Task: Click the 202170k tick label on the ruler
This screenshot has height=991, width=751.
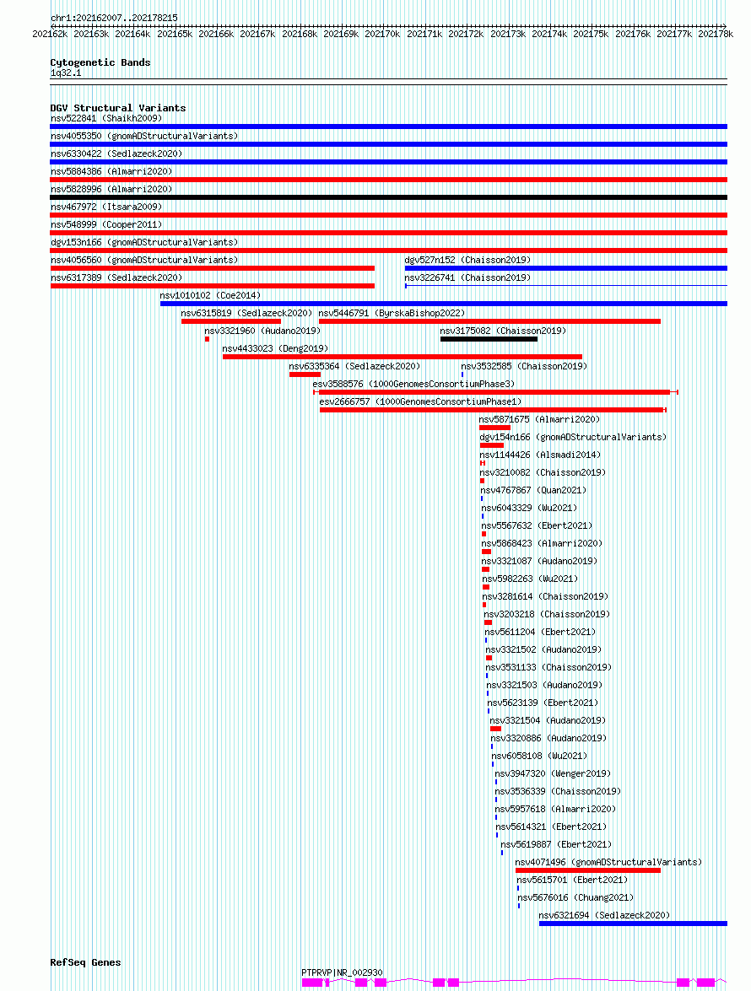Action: [382, 34]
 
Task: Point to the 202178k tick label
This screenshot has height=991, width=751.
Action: [716, 34]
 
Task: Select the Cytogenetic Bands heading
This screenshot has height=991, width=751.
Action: [100, 62]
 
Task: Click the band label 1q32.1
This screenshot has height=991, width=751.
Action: [66, 73]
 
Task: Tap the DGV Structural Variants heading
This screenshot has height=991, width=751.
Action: [118, 108]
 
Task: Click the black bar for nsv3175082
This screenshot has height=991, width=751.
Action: [489, 339]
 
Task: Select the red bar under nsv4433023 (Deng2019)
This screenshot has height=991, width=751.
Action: [402, 357]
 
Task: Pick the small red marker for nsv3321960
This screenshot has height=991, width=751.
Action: [207, 339]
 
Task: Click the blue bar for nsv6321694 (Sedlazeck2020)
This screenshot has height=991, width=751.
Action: [633, 924]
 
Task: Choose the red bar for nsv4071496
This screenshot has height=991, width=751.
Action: [588, 870]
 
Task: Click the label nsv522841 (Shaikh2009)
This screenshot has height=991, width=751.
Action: [106, 118]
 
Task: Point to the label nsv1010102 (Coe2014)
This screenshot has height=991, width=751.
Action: [210, 295]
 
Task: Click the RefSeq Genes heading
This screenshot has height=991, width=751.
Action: [85, 962]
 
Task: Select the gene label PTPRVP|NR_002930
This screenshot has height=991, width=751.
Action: [342, 972]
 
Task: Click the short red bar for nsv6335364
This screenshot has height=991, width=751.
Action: [305, 374]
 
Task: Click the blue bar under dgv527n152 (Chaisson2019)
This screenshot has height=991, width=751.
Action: [565, 268]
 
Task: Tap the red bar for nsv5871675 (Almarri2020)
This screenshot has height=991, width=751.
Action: [494, 428]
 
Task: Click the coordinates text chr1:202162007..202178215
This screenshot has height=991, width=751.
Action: [114, 19]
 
